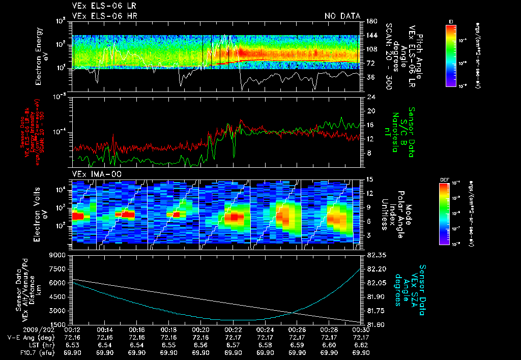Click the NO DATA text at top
coord(342,16)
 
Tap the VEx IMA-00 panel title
coord(92,174)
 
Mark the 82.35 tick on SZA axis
coord(371,255)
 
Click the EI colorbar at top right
coord(451,55)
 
